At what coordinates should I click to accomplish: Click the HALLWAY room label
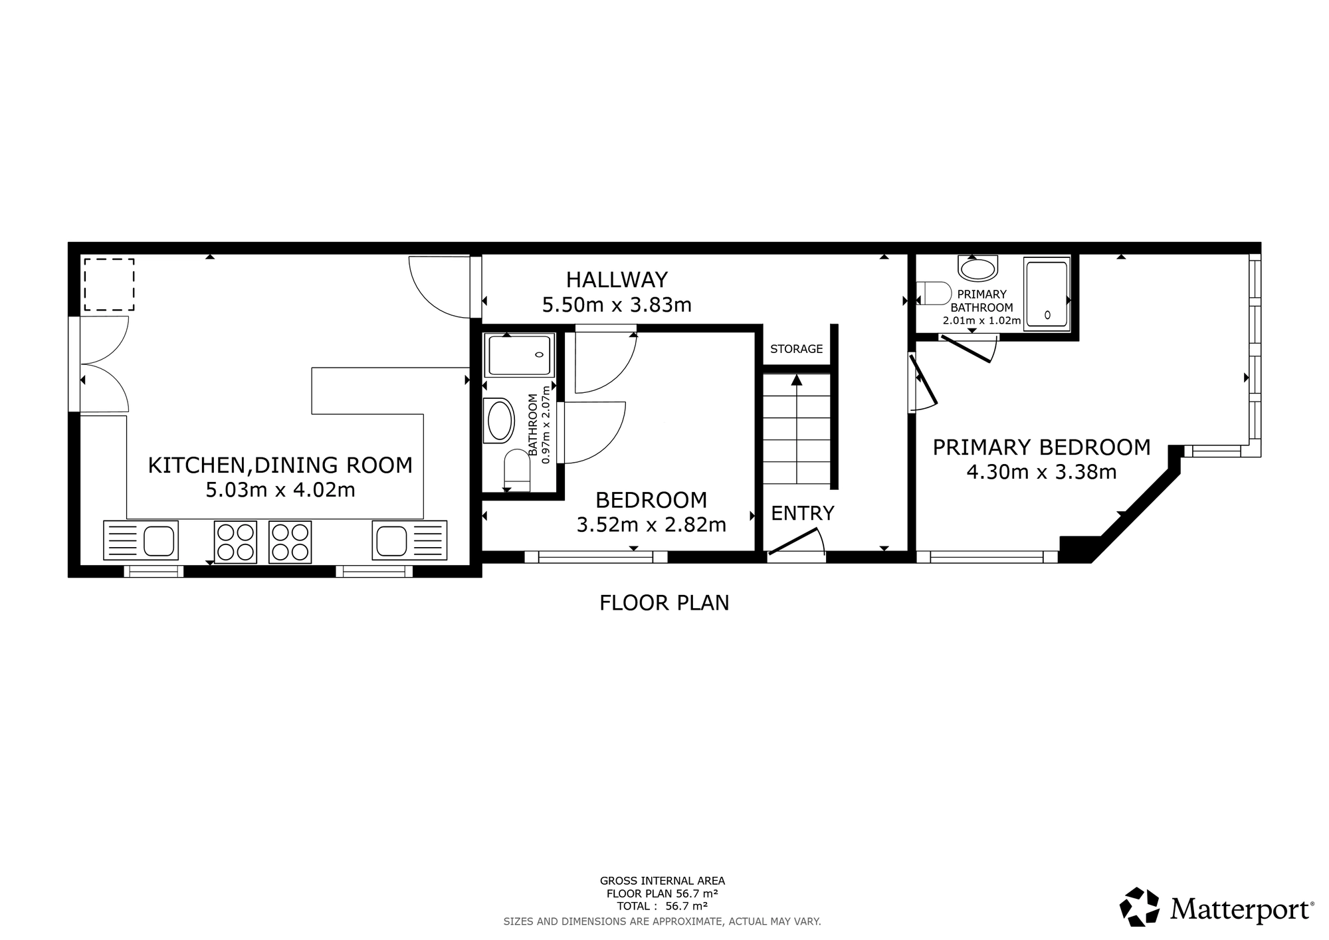(x=617, y=279)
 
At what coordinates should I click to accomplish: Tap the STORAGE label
(x=796, y=349)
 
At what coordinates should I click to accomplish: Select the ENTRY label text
(x=802, y=513)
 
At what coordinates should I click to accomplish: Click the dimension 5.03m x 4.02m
(x=280, y=491)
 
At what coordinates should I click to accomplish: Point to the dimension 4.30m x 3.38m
(x=1041, y=473)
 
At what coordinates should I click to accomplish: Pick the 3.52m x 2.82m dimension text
(x=651, y=525)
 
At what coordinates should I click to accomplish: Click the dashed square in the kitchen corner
(x=109, y=285)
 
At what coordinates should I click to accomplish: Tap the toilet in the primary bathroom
(x=934, y=293)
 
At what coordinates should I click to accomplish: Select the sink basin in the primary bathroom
(x=978, y=269)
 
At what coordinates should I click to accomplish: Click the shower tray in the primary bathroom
(x=1047, y=293)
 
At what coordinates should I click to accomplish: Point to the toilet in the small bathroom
(x=517, y=471)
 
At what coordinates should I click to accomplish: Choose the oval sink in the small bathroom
(x=501, y=420)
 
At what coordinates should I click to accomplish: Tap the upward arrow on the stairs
(x=796, y=380)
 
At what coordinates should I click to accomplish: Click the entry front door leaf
(x=793, y=540)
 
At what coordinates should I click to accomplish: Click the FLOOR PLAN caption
(x=664, y=603)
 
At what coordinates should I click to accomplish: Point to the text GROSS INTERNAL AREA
(x=663, y=881)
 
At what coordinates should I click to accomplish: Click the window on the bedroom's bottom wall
(x=596, y=557)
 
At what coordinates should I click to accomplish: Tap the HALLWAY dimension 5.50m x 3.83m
(x=617, y=305)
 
